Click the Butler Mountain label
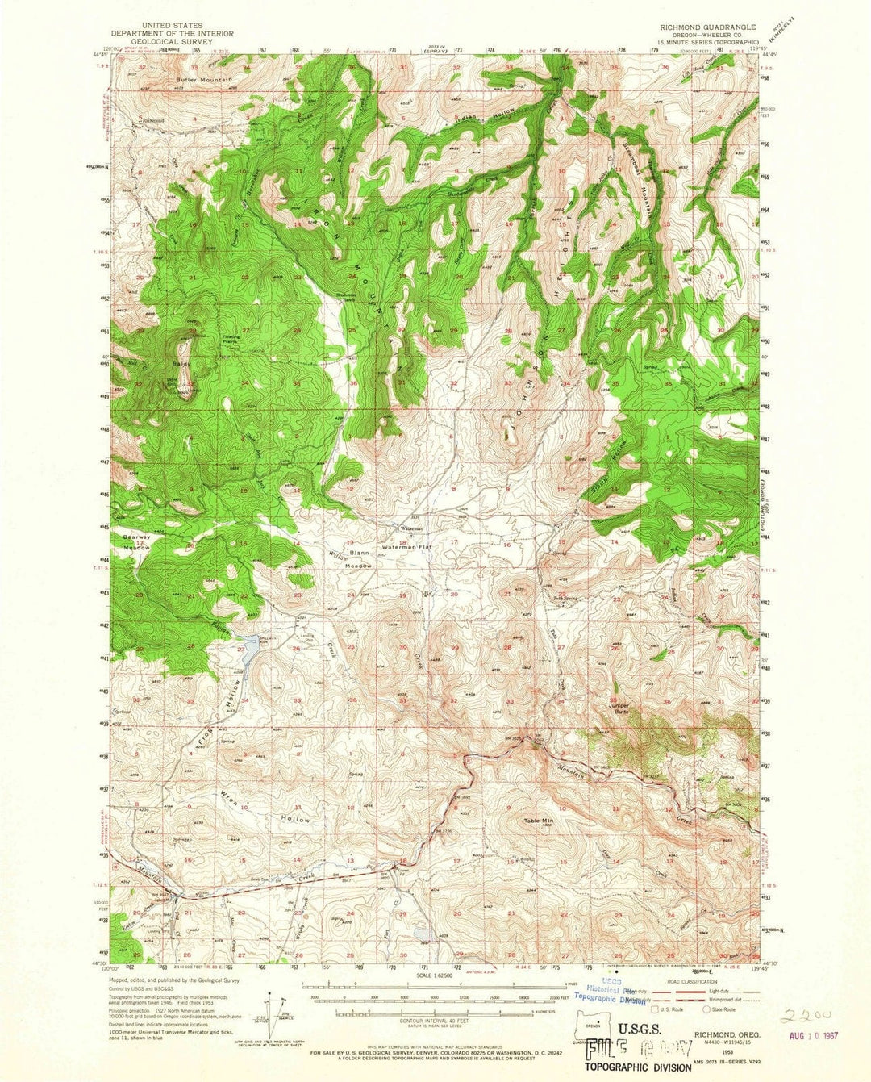[x=205, y=81]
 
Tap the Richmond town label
[x=153, y=121]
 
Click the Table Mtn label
[x=539, y=821]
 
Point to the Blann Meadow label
[x=360, y=560]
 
